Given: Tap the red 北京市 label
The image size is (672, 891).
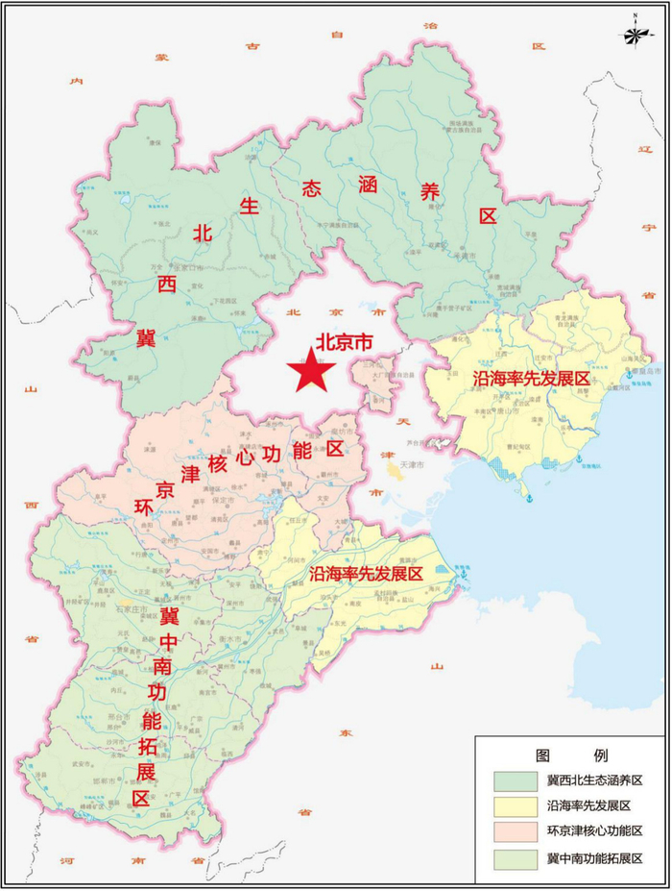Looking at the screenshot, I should pyautogui.click(x=344, y=342).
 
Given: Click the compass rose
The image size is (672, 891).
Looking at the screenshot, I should pyautogui.click(x=635, y=35).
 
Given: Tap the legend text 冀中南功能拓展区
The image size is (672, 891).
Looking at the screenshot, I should pyautogui.click(x=594, y=857).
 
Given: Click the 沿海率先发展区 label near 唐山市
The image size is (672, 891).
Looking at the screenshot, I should pyautogui.click(x=530, y=379).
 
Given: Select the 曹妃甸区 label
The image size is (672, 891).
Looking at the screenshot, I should pyautogui.click(x=519, y=447).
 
